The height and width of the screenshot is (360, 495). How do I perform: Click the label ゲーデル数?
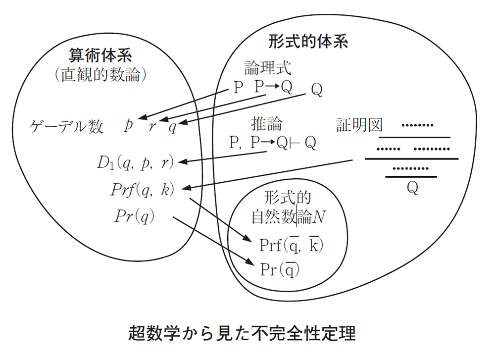coord(66,127)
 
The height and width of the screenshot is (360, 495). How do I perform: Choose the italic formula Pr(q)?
coord(134,216)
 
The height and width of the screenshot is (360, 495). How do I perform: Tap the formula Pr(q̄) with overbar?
coord(280,269)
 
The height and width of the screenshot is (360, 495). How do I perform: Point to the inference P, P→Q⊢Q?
coord(273,143)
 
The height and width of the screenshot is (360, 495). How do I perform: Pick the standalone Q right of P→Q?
coord(317,90)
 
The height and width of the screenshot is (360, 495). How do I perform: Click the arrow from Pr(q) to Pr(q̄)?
coord(212,241)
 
